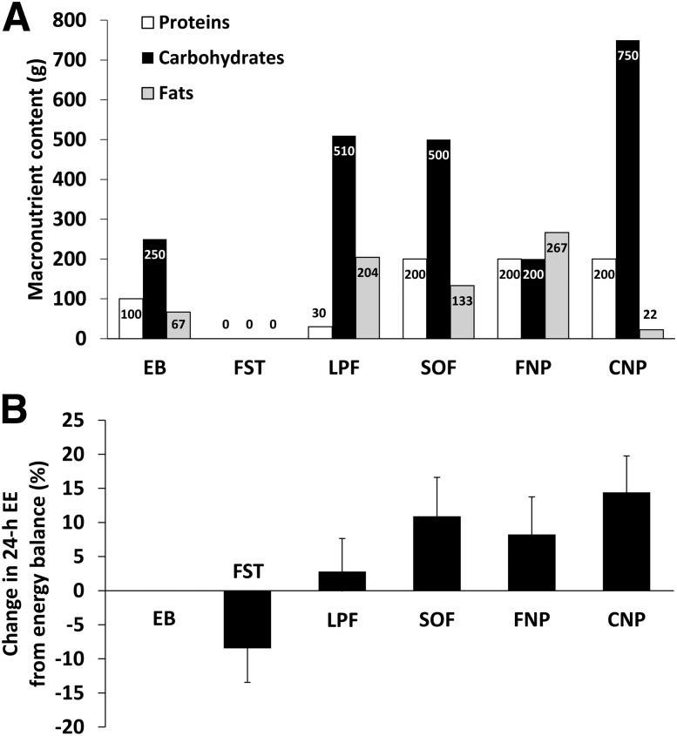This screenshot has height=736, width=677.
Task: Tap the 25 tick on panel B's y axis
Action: (82, 421)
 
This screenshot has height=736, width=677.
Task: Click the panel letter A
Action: (17, 17)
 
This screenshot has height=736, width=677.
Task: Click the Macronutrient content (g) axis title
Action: (35, 178)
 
